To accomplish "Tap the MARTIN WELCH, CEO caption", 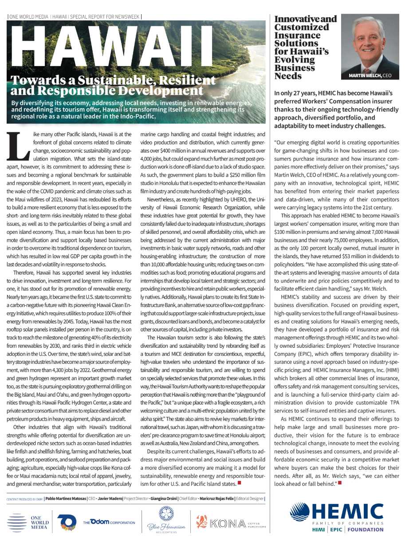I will (370, 76).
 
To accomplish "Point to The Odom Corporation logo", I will (109, 522).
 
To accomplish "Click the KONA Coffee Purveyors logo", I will (231, 522).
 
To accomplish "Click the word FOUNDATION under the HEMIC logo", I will (366, 529).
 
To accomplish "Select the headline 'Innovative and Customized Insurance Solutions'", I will (306, 47).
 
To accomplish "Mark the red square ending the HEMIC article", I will (340, 482).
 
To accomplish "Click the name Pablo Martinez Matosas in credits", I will (65, 499).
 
